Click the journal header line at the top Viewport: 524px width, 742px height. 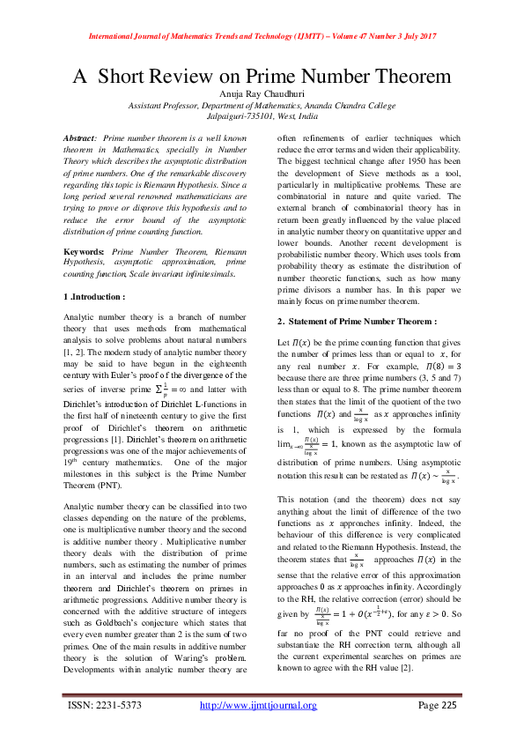[x=262, y=37]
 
